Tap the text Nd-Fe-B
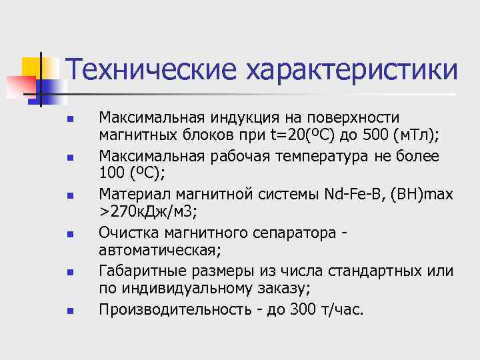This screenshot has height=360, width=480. (x=349, y=195)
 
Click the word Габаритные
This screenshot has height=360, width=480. (x=137, y=271)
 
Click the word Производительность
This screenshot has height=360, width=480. (x=175, y=309)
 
